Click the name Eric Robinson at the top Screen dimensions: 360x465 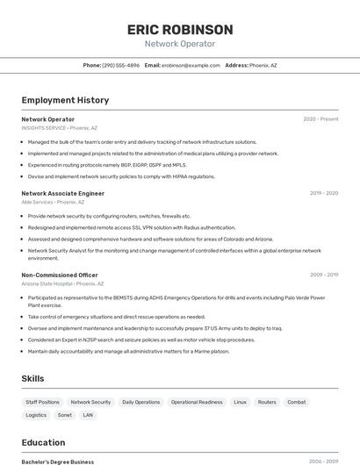pos(180,30)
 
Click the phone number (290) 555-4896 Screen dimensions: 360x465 pos(121,65)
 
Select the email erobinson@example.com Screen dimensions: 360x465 pos(191,65)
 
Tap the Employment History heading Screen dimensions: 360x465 pos(65,100)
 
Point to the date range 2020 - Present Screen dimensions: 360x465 pos(320,119)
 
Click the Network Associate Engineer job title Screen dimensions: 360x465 pos(63,193)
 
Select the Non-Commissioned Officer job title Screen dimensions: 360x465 pos(60,275)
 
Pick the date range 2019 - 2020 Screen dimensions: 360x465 pos(324,193)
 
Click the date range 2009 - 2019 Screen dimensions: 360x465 pos(324,275)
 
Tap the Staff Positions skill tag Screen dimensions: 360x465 pos(43,402)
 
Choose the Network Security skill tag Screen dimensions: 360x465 pos(90,402)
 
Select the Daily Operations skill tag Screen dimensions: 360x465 pos(140,402)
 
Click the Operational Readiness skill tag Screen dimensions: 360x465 pos(197,402)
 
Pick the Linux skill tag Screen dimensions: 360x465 pos(240,402)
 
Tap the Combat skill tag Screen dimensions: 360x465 pos(297,402)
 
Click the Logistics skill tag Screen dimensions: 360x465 pos(36,415)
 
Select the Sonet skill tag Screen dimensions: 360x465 pos(65,415)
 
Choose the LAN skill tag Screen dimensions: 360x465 pos(88,415)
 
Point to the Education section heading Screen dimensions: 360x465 pos(43,443)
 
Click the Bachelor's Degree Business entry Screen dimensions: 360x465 pos(58,461)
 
